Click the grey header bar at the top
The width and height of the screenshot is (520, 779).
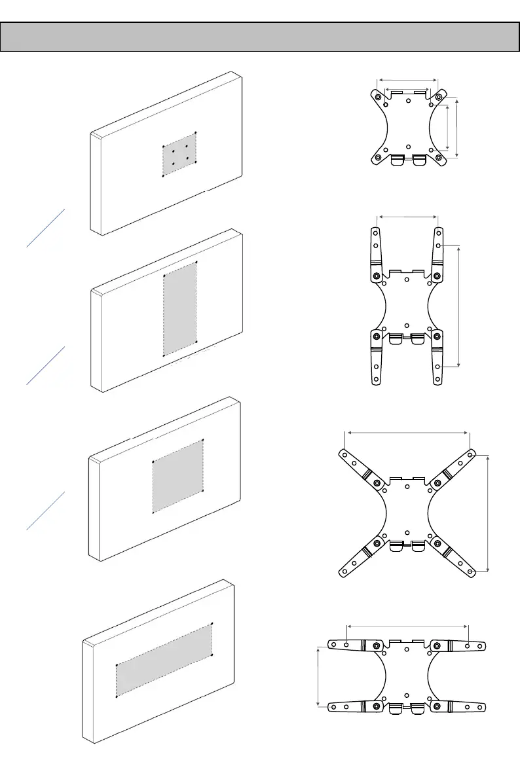[x=259, y=37]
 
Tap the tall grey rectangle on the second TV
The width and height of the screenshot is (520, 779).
[x=179, y=308]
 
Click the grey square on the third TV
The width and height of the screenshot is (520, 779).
[x=178, y=476]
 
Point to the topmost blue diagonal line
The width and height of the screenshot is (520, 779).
[x=46, y=228]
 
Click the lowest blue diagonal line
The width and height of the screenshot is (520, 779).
[x=46, y=510]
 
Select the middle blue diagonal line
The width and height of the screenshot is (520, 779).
[x=46, y=365]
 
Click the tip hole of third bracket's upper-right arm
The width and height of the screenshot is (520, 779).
[x=472, y=453]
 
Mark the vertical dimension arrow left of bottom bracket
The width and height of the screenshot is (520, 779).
[x=318, y=676]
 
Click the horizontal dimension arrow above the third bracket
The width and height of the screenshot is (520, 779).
[x=408, y=432]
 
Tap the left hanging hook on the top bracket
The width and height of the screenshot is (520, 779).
[x=398, y=160]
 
